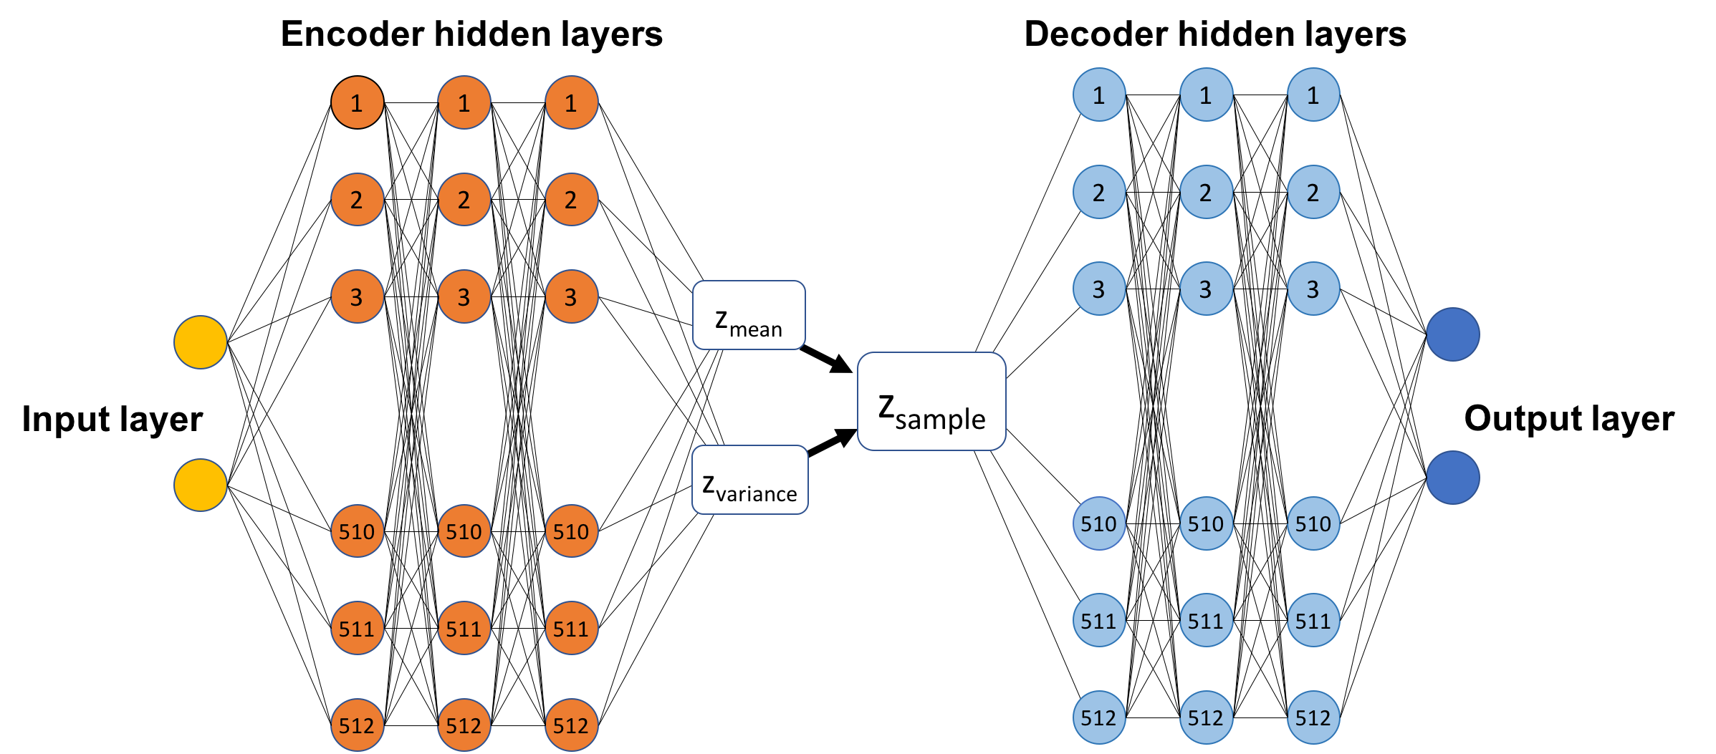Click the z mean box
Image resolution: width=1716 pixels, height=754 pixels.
[749, 315]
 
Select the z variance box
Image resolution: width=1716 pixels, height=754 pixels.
[749, 480]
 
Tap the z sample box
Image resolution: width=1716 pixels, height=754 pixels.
[931, 401]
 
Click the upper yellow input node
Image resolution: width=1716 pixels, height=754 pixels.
[201, 342]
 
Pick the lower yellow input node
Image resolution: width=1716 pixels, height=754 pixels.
[201, 485]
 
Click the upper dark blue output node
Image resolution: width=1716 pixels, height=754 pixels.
[1452, 334]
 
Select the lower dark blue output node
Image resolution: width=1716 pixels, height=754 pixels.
[1452, 478]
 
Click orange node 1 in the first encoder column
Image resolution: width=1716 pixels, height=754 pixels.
[357, 102]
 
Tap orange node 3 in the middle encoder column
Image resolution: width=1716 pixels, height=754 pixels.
[464, 296]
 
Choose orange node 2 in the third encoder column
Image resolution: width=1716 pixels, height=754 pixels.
[571, 199]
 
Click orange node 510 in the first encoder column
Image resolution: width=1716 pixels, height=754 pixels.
[357, 531]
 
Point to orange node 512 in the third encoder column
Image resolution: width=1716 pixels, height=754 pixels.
[571, 725]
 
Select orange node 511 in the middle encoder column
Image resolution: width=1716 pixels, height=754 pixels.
[464, 629]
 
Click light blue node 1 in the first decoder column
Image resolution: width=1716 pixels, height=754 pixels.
[1098, 95]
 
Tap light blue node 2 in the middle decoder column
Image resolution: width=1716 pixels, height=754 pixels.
[1206, 192]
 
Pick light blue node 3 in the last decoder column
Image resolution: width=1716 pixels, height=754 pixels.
[1313, 289]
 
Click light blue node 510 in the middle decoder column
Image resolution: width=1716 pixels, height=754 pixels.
[1206, 523]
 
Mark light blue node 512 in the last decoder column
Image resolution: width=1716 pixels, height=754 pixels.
[1313, 717]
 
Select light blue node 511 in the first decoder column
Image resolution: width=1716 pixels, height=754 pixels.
[1098, 620]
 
